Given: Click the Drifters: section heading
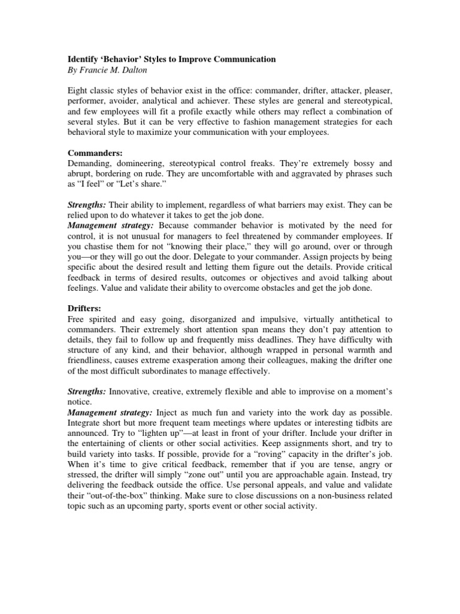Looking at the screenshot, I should (85, 308).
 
